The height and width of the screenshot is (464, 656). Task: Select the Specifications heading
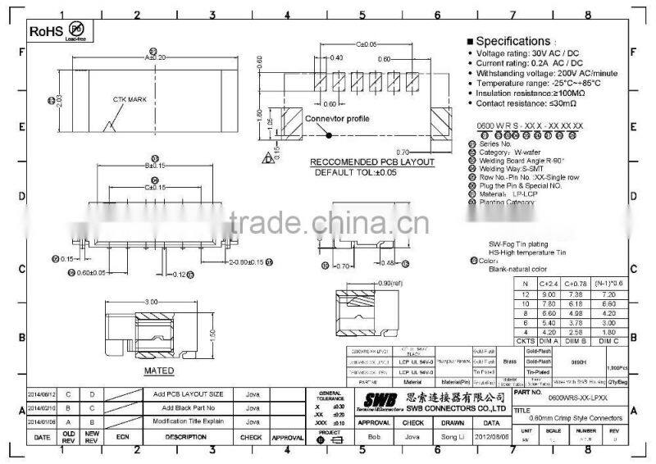point(512,41)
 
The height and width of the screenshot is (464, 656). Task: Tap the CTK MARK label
point(130,99)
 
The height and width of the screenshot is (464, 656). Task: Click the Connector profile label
point(338,118)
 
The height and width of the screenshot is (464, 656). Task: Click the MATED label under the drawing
point(159,371)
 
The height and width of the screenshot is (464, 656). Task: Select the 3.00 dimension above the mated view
point(152,303)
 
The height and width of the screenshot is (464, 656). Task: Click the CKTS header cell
point(525,340)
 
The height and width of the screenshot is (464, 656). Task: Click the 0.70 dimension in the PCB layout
point(402,152)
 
